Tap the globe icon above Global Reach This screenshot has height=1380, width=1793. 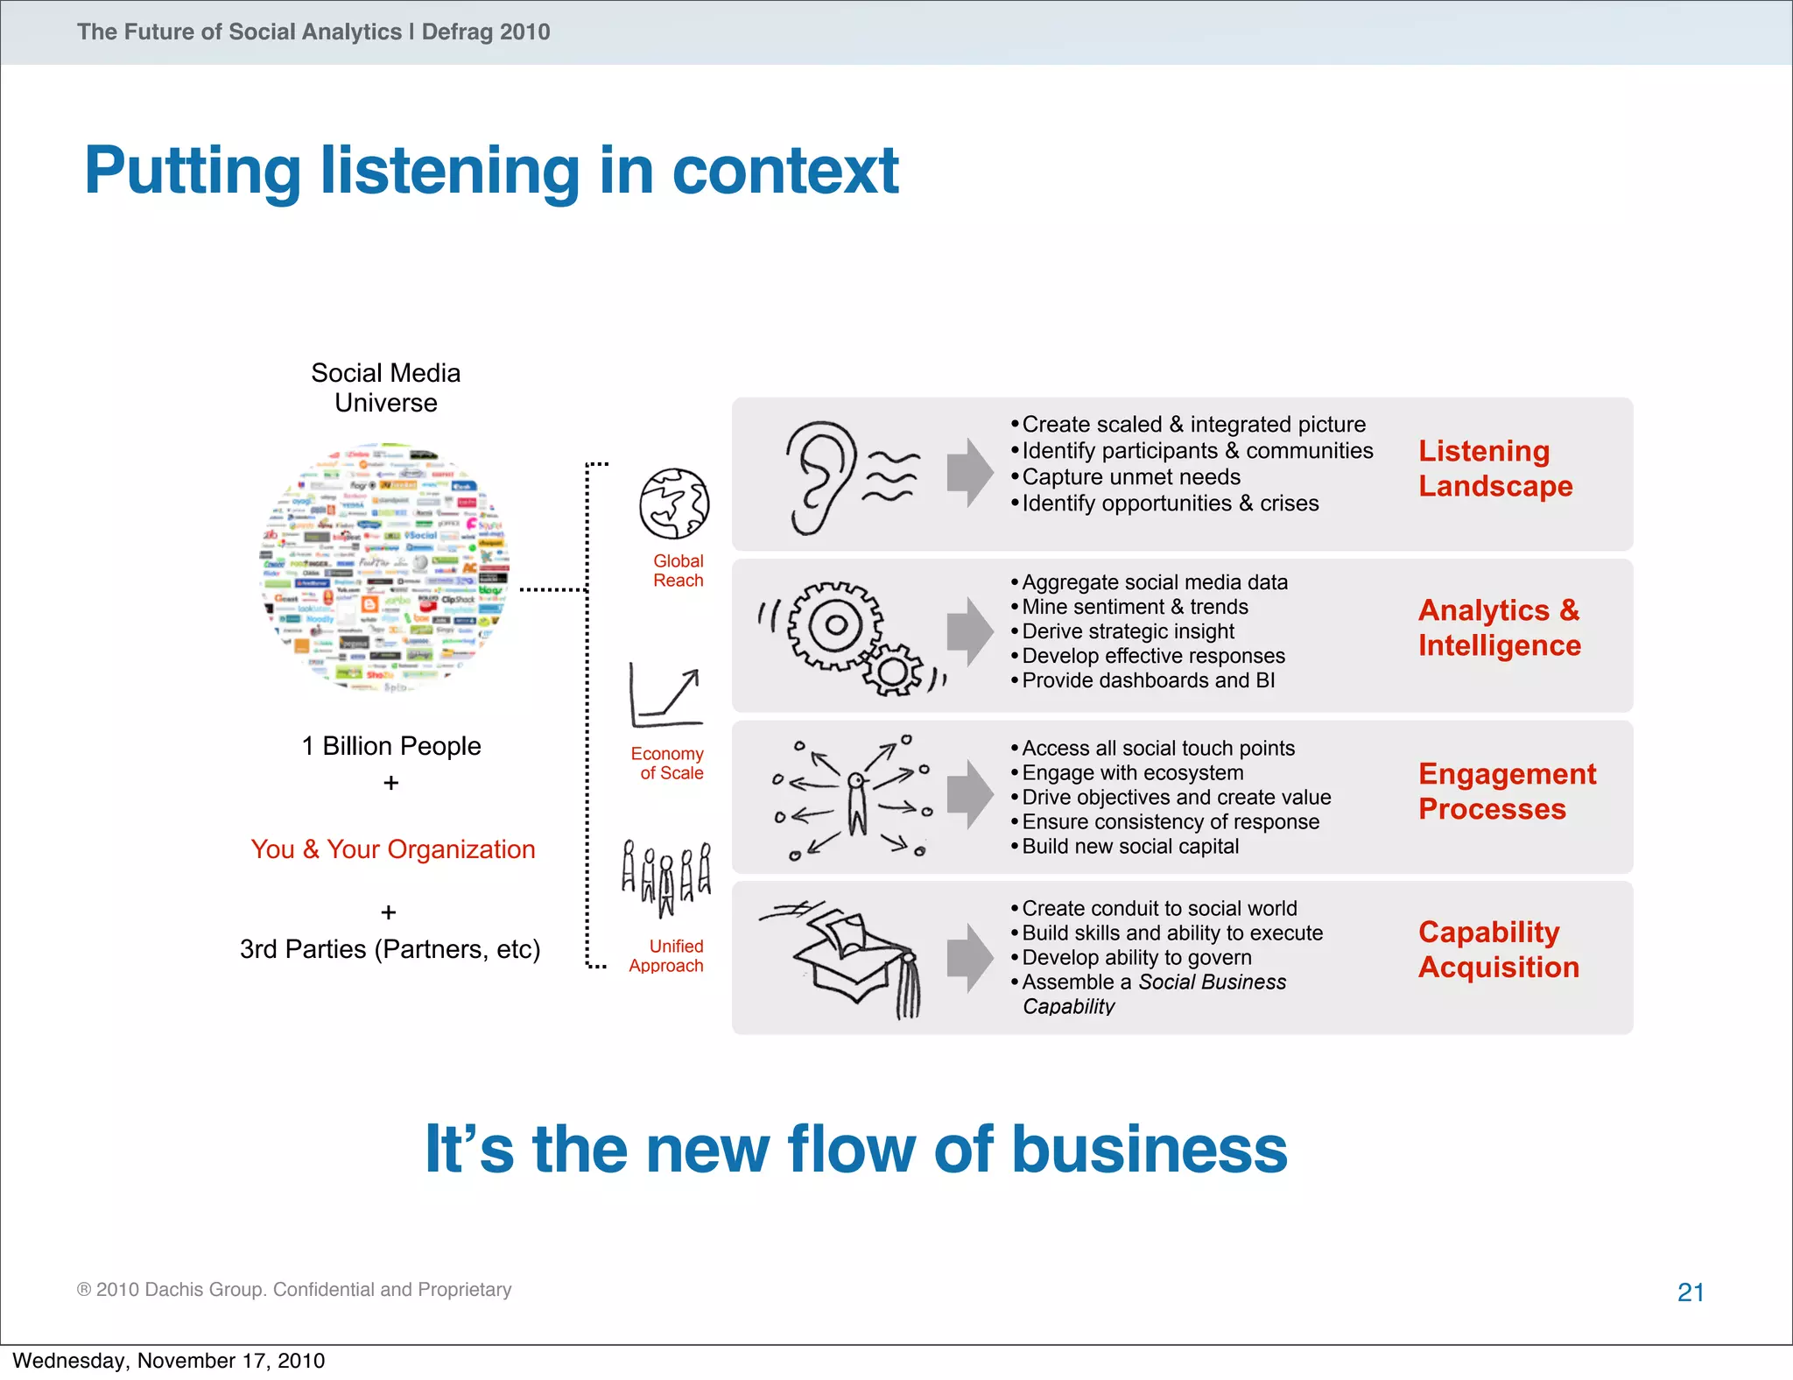coord(673,504)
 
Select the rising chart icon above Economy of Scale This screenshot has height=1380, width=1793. coord(666,697)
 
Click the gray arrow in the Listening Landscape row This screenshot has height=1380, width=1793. coord(969,472)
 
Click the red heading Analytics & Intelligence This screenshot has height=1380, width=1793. coord(1499,628)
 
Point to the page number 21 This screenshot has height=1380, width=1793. coord(1690,1292)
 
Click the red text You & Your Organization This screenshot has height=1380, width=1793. coord(392,849)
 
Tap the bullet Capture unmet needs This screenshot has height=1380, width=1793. coord(1130,477)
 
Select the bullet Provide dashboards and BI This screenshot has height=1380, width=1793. coord(1148,680)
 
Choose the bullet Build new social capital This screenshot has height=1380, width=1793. coord(1129,847)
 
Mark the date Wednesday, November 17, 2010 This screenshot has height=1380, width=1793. coord(168,1361)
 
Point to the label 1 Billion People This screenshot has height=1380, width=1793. coord(391,746)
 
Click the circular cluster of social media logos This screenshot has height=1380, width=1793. coord(385,568)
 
